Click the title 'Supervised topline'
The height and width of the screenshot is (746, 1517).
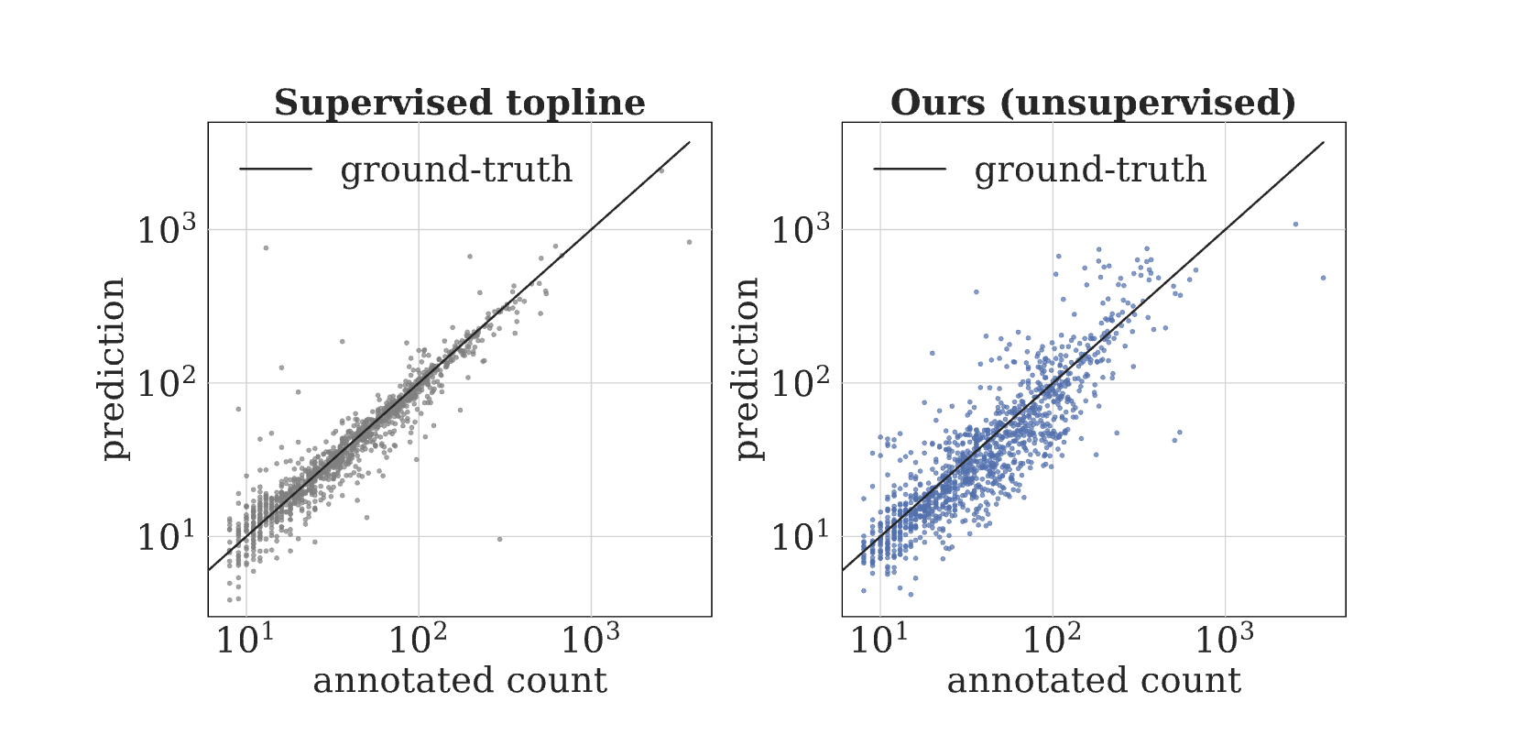pyautogui.click(x=459, y=103)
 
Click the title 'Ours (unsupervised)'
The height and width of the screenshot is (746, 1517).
pyautogui.click(x=1093, y=103)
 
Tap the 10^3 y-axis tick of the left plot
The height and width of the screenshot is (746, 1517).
pyautogui.click(x=167, y=230)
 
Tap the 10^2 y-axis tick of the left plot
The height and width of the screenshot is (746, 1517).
pyautogui.click(x=167, y=383)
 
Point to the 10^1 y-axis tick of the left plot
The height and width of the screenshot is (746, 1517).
pyautogui.click(x=167, y=536)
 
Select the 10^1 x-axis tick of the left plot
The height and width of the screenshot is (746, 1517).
pyautogui.click(x=246, y=639)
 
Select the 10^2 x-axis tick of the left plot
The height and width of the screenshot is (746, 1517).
pyautogui.click(x=418, y=639)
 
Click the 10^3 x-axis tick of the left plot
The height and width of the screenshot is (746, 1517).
pyautogui.click(x=591, y=639)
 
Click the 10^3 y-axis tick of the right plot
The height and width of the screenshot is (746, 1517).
pyautogui.click(x=801, y=230)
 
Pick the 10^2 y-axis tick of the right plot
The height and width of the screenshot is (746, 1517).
pyautogui.click(x=801, y=383)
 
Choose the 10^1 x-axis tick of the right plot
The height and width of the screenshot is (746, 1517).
pyautogui.click(x=879, y=639)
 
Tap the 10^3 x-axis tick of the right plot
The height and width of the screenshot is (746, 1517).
pyautogui.click(x=1225, y=639)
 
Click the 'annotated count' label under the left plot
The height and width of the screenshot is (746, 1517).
pyautogui.click(x=459, y=681)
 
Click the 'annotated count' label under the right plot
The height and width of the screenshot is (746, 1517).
pyautogui.click(x=1093, y=681)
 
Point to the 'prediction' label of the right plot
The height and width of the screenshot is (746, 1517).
pyautogui.click(x=746, y=368)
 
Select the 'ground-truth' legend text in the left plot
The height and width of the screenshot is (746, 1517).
pyautogui.click(x=455, y=170)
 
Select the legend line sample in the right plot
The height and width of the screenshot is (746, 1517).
pyautogui.click(x=910, y=169)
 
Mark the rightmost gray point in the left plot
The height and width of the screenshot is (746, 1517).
pyautogui.click(x=689, y=242)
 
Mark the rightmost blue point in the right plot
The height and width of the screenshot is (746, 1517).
pyautogui.click(x=1323, y=278)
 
